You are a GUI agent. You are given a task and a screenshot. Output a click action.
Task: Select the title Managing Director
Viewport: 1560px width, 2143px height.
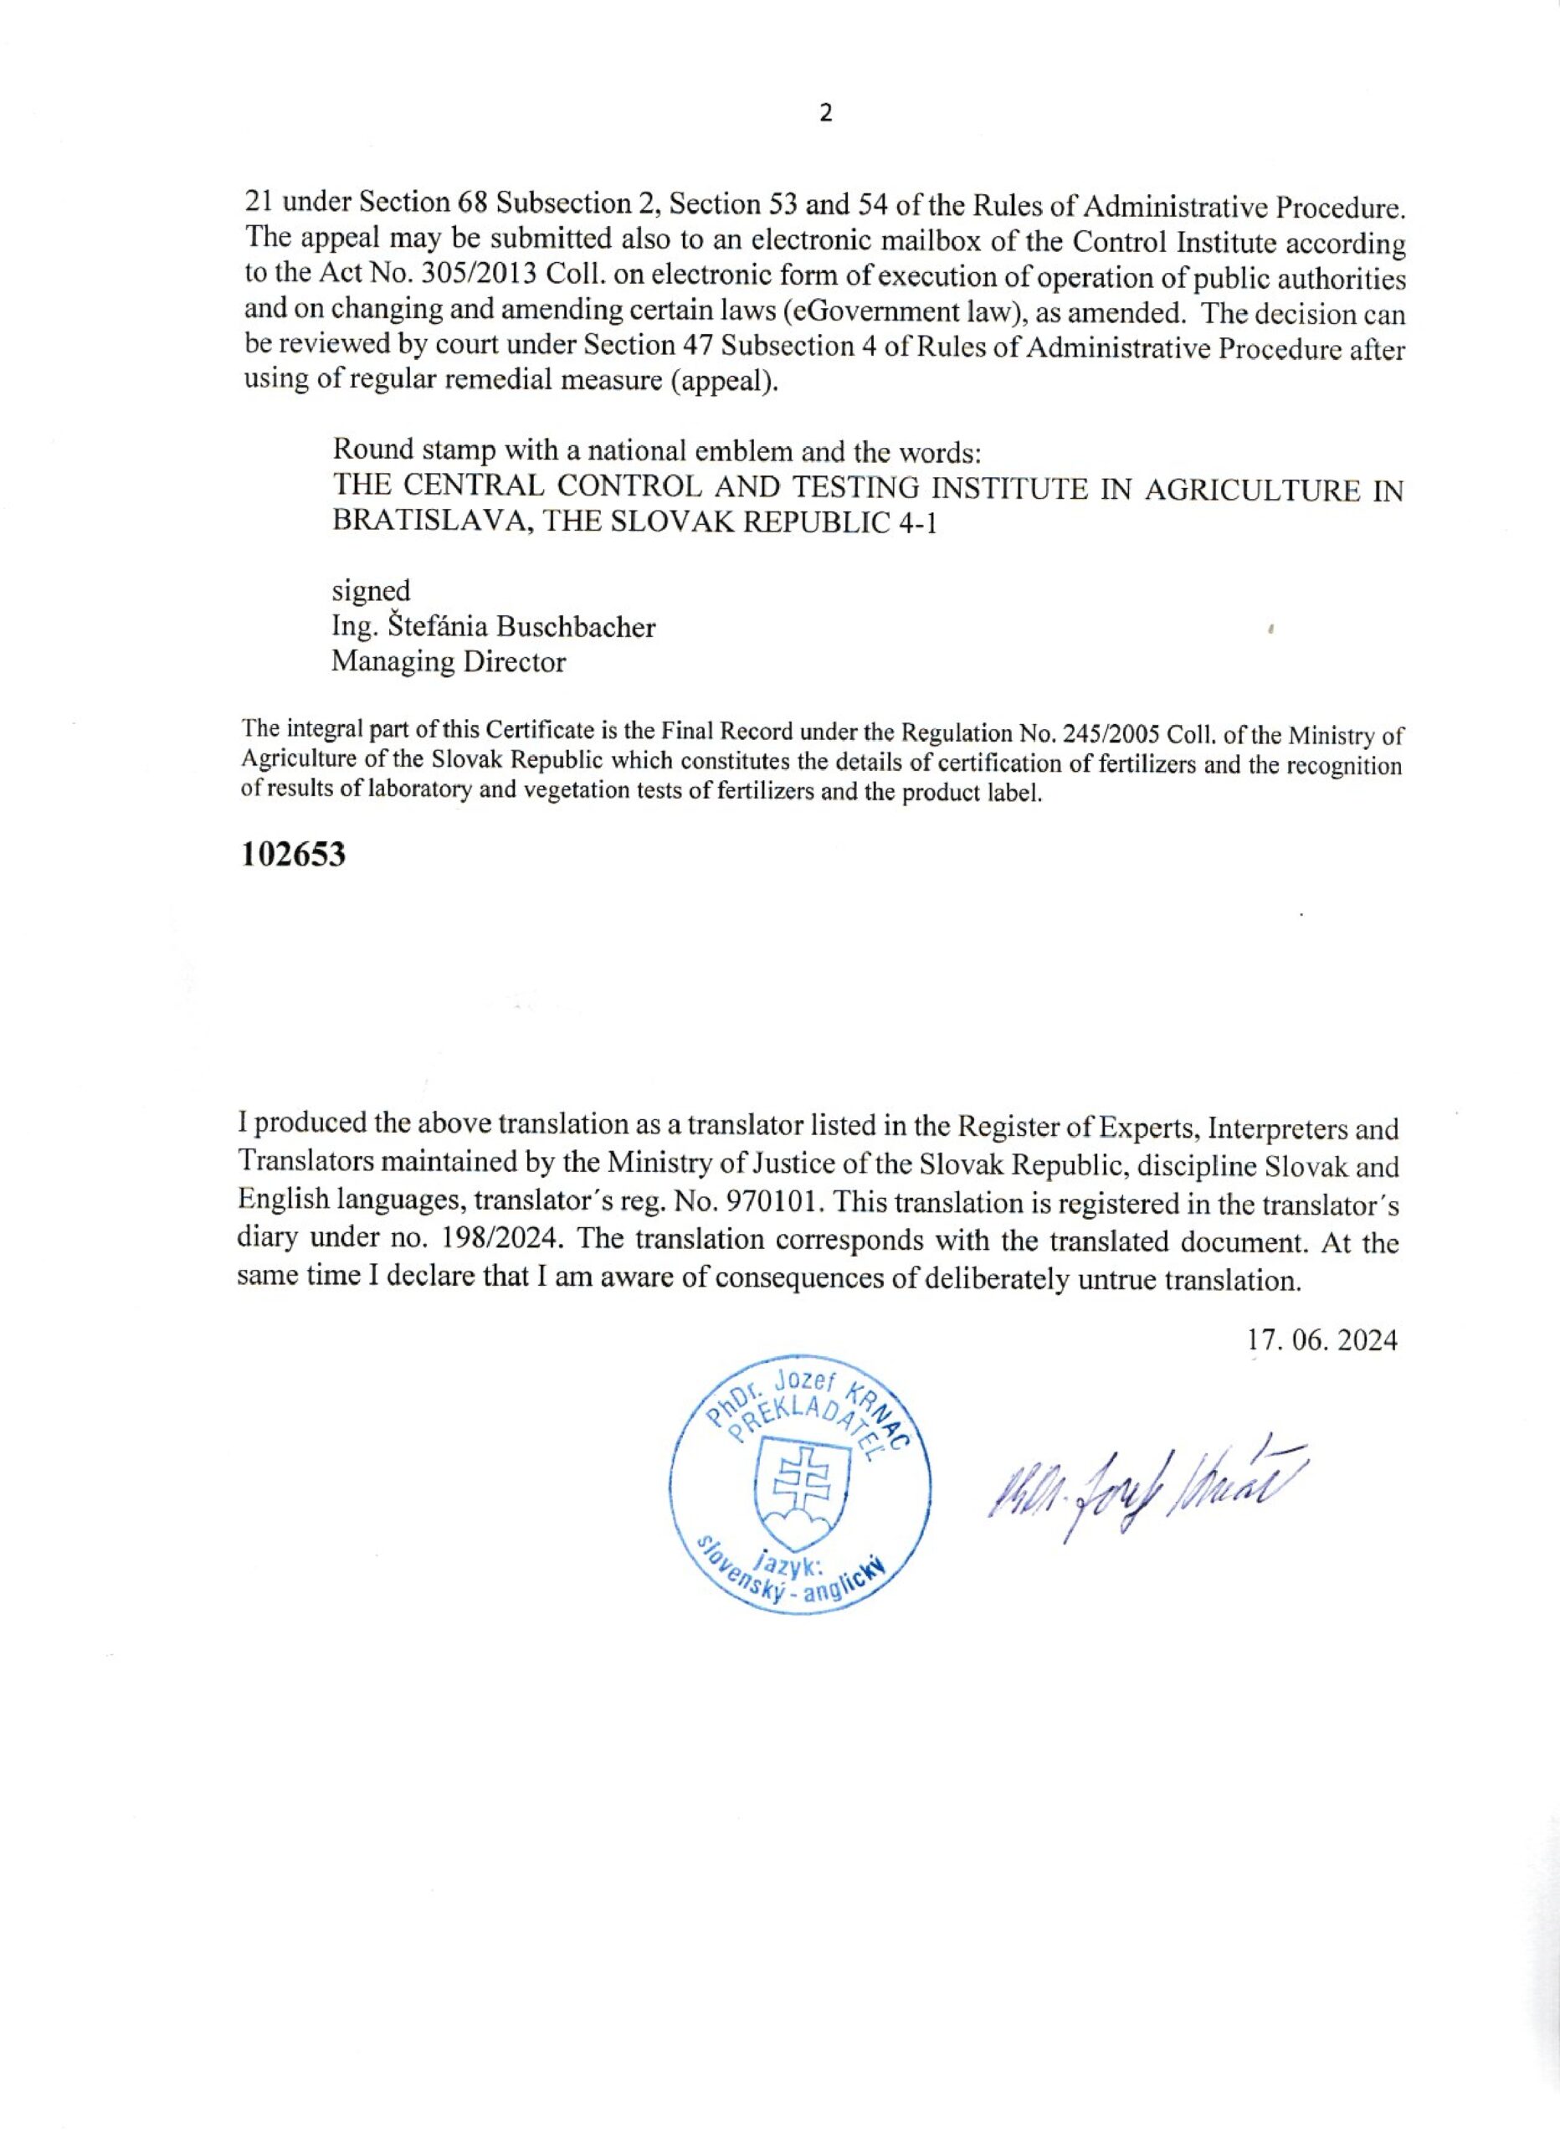tap(448, 661)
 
